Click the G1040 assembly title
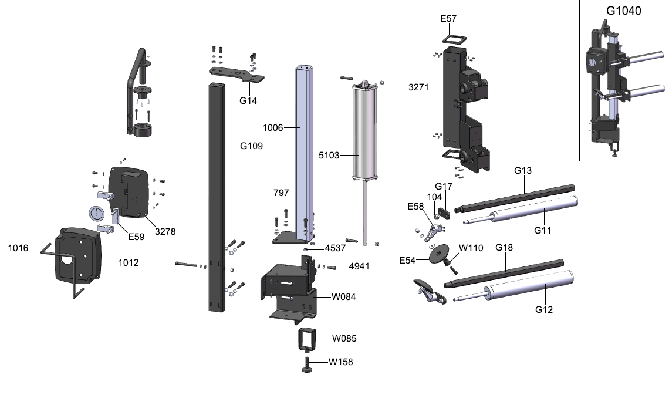point(623,11)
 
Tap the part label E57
point(448,19)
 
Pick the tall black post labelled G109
point(216,194)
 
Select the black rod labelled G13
point(516,196)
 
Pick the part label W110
point(471,248)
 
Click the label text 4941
point(360,266)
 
